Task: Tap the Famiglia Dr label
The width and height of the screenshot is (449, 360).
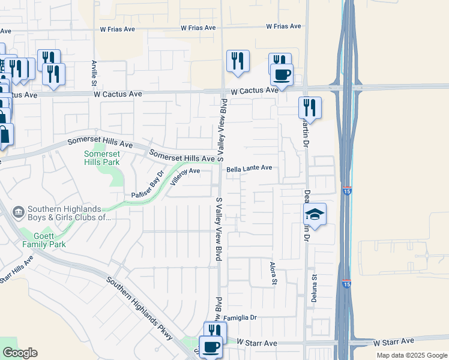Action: pyautogui.click(x=240, y=317)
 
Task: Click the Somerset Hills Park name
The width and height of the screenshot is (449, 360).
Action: pyautogui.click(x=101, y=158)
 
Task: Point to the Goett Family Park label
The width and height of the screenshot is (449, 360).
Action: pyautogui.click(x=44, y=240)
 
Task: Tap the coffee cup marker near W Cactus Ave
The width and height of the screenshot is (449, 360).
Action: pyautogui.click(x=281, y=75)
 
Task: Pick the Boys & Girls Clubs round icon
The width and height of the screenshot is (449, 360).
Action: pyautogui.click(x=18, y=212)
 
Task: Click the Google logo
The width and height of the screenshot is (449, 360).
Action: pyautogui.click(x=20, y=353)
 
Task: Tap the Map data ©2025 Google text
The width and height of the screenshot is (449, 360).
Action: pyautogui.click(x=411, y=355)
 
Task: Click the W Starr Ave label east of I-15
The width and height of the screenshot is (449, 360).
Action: pyautogui.click(x=394, y=343)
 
